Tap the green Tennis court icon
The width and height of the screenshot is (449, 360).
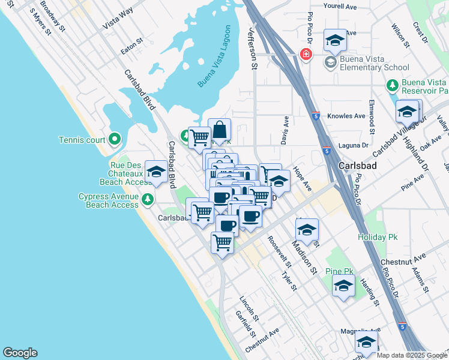pos(115,140)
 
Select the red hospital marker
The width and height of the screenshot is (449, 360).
pos(306,55)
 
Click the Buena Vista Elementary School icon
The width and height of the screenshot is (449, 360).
pos(330,62)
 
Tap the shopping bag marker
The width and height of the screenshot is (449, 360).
pos(220,129)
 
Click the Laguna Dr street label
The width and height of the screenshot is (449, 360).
pos(353,145)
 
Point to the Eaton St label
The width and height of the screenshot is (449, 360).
pos(132,46)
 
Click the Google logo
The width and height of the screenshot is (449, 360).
pos(20,353)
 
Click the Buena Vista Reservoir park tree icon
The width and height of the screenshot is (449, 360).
pos(393,86)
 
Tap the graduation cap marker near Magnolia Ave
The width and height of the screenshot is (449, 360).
pos(366,343)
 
